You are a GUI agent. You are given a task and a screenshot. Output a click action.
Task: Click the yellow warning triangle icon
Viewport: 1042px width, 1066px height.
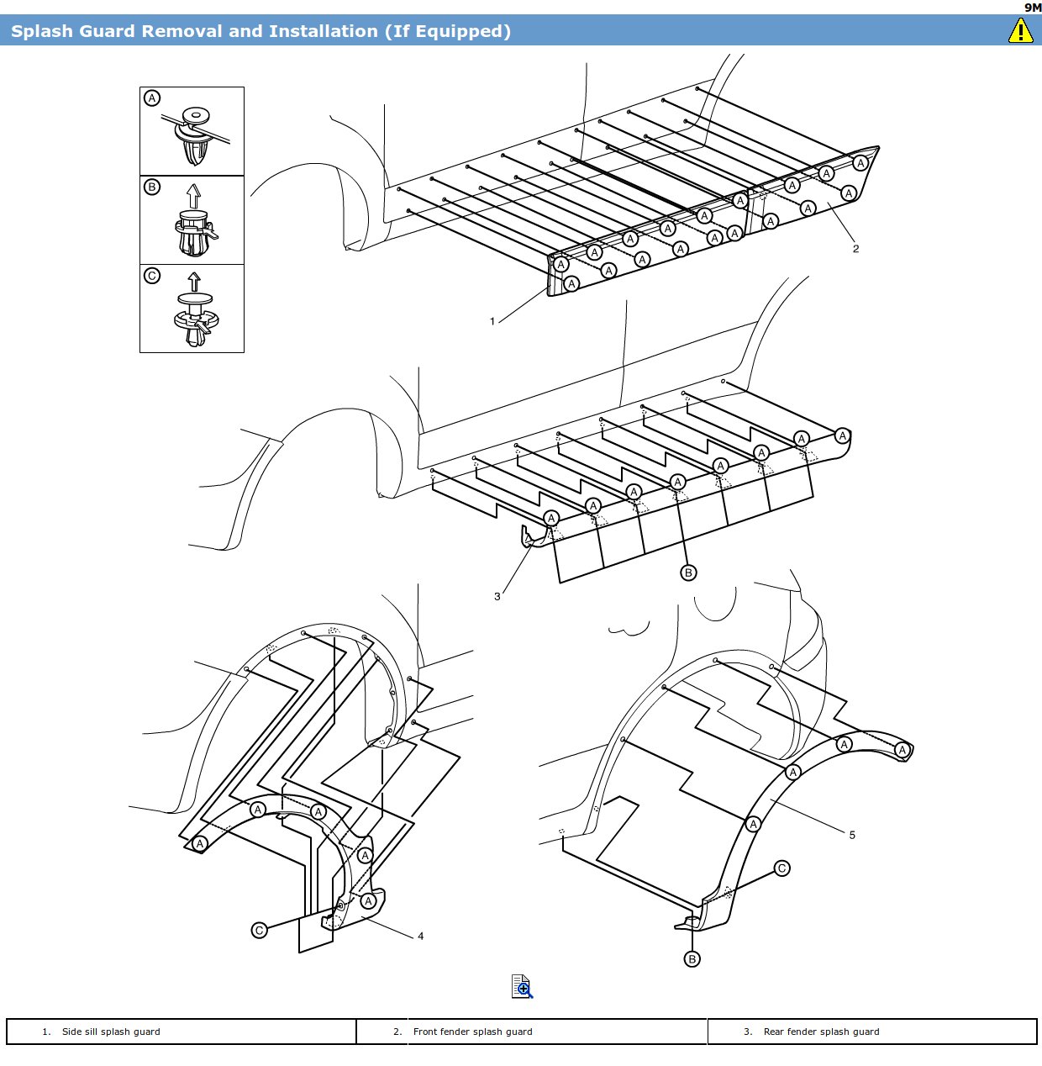coord(1020,31)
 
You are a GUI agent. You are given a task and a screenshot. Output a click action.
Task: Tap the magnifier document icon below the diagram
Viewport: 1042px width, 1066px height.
coord(522,986)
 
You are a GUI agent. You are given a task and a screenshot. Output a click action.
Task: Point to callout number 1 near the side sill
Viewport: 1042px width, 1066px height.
coord(492,321)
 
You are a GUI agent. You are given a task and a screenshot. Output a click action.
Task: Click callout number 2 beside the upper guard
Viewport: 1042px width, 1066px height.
coord(855,249)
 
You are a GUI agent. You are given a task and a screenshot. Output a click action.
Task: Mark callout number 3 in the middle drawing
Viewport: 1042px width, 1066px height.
coord(497,596)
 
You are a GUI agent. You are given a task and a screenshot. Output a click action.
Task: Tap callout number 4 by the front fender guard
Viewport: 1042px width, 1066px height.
coord(420,936)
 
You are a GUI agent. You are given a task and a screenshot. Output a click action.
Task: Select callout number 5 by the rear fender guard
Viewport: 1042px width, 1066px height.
coord(852,835)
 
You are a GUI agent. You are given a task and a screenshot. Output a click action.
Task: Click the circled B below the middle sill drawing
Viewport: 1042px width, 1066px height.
coord(688,573)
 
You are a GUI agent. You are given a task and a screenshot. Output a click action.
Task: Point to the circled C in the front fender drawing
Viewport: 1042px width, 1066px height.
coord(260,930)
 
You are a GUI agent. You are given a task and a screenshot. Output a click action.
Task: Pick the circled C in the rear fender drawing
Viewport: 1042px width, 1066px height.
coord(782,868)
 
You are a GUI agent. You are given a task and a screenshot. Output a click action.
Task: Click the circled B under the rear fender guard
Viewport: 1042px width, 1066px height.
coord(692,959)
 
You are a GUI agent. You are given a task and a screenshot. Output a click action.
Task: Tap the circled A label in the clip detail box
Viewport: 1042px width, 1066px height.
coord(152,98)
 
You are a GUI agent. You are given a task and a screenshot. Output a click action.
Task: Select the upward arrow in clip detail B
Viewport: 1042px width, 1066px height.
coord(194,196)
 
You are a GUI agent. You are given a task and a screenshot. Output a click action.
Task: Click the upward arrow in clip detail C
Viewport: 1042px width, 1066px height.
coord(194,281)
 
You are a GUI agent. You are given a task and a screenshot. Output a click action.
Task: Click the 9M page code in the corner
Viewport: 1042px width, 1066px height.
coord(1033,8)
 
